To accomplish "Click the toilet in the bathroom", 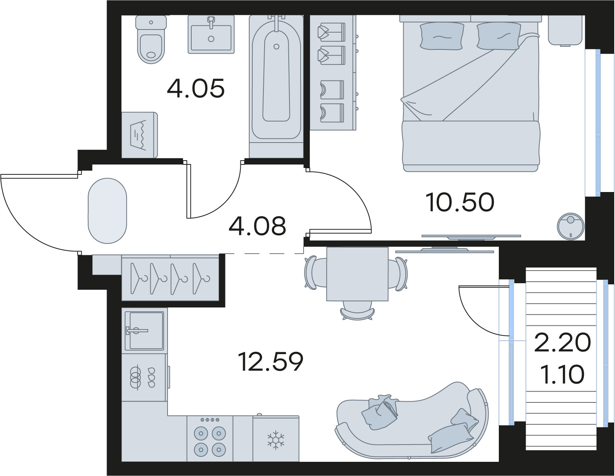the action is [151, 39].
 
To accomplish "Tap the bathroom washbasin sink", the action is [211, 34].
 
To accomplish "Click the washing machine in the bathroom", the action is [140, 135].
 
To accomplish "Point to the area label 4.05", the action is [196, 89].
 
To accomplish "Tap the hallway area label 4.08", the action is [257, 226].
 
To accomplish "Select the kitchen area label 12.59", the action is [271, 361].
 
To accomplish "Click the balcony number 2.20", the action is [562, 343].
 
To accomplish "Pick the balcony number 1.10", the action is [562, 374].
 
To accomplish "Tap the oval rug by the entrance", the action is [107, 211].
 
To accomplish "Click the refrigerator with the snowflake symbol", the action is [276, 438].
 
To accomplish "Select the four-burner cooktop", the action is [210, 439].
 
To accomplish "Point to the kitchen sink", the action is [145, 330].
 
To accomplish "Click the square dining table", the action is [357, 274].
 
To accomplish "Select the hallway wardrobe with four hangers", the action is [170, 278].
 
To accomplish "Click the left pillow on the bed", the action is [442, 36].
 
